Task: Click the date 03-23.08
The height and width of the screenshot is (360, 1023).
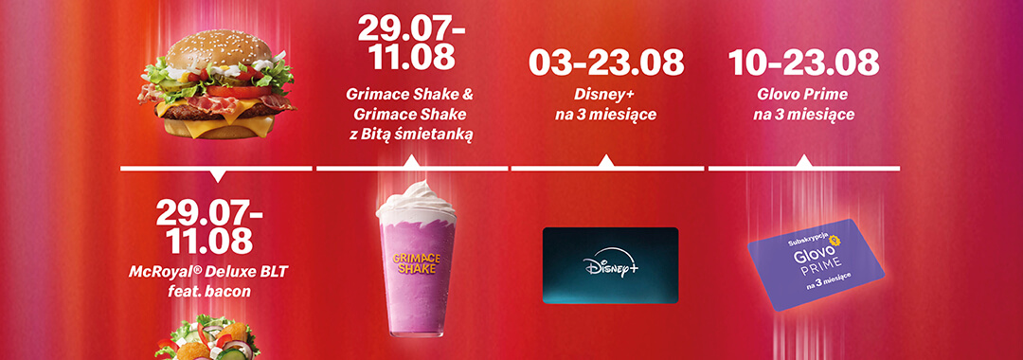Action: [606, 63]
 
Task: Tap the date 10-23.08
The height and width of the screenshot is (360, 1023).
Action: [804, 63]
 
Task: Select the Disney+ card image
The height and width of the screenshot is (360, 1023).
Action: [610, 265]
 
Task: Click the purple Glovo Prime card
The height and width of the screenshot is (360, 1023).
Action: [816, 264]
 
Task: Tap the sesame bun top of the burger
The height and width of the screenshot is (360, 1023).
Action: [216, 49]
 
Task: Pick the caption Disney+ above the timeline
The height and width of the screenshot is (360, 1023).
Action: [606, 95]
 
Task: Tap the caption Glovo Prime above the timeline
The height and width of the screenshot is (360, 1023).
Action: [804, 95]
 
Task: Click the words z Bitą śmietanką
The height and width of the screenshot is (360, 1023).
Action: [409, 135]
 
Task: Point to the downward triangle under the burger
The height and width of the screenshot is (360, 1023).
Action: [216, 176]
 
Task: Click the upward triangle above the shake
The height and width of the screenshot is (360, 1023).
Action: [412, 161]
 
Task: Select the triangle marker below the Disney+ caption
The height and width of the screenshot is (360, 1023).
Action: [606, 161]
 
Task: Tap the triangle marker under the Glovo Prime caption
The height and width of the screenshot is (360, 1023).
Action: [804, 161]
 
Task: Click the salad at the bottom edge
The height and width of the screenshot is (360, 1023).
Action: [207, 339]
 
